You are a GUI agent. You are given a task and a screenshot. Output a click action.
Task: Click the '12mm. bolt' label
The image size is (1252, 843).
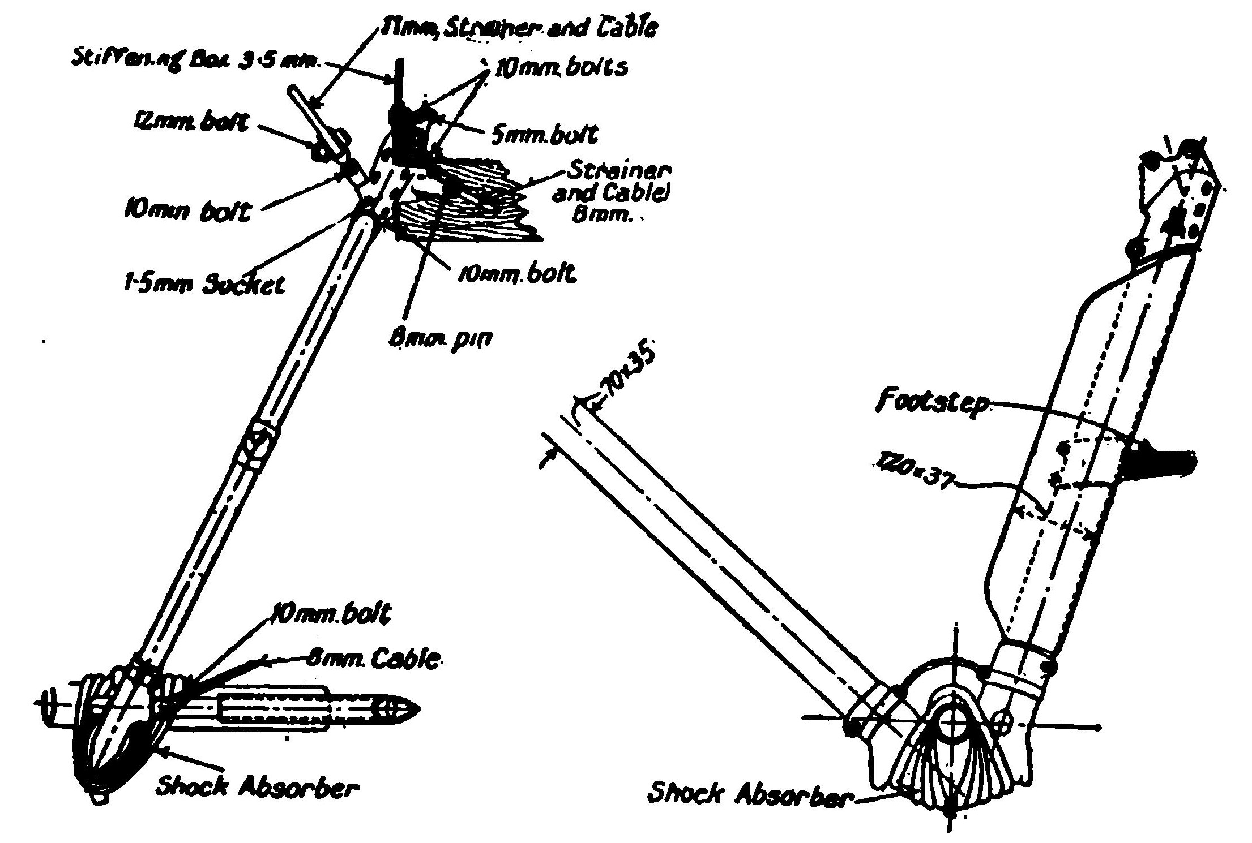(191, 123)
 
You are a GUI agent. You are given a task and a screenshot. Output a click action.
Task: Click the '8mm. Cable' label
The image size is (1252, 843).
(373, 659)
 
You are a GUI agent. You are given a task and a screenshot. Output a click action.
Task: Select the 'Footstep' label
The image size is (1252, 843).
(931, 403)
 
